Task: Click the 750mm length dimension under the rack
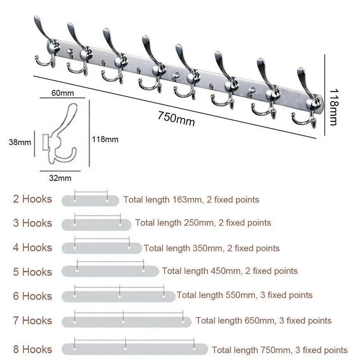coord(176,118)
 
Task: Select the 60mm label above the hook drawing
coord(62,93)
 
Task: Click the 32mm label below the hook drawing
coord(60,178)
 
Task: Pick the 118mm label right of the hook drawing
coord(106,139)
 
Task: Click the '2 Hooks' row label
coord(32,199)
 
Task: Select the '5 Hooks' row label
coord(32,272)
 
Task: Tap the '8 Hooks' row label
coord(32,349)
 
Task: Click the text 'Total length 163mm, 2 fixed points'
coord(191,199)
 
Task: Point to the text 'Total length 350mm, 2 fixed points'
coord(211,248)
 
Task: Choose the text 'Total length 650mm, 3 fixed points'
coord(264,321)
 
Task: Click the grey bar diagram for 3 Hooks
coord(96,224)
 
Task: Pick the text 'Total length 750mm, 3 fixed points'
coord(279,350)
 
